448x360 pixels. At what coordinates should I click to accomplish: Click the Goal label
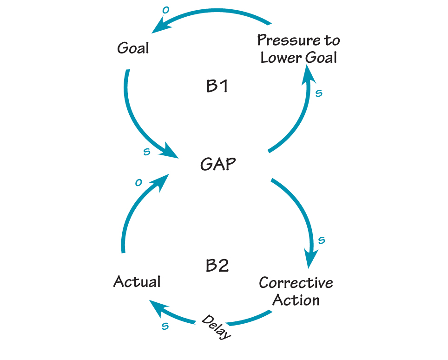(133, 48)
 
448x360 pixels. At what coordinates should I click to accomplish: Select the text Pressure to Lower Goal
(298, 49)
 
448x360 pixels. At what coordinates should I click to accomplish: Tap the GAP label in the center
(218, 164)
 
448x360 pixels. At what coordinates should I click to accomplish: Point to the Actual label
(137, 282)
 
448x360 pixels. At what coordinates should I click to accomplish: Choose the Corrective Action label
(296, 291)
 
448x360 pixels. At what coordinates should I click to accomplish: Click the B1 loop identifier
(217, 87)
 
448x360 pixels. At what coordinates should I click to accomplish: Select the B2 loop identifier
(217, 266)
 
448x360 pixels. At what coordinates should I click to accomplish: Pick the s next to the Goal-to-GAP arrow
(146, 152)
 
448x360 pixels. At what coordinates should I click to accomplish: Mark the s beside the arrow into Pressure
(319, 93)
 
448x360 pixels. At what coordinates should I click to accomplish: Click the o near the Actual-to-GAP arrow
(138, 183)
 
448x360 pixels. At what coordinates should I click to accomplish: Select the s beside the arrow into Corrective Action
(321, 240)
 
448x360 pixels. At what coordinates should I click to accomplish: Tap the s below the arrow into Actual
(165, 326)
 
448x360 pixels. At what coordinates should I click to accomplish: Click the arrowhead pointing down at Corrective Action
(311, 258)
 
